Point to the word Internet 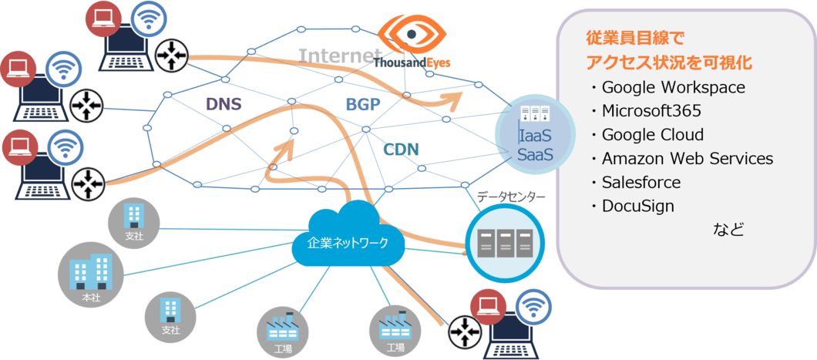click(339, 56)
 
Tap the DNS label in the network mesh click(224, 104)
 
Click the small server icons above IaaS click(535, 115)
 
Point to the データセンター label click(511, 197)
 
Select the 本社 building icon click(90, 274)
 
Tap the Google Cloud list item click(653, 135)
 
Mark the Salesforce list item click(641, 183)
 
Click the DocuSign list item click(638, 207)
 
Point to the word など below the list click(728, 230)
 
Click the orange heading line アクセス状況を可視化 click(669, 62)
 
